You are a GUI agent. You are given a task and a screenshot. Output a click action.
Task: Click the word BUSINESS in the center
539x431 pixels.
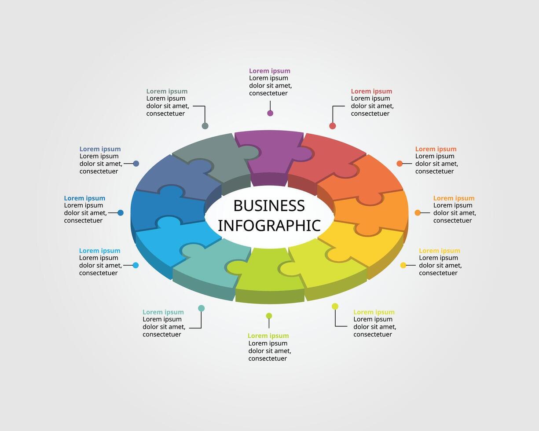pyautogui.click(x=269, y=206)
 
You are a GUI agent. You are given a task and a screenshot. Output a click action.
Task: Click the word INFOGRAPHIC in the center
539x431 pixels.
pyautogui.click(x=269, y=225)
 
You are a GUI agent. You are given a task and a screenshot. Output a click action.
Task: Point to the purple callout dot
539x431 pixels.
pyautogui.click(x=270, y=113)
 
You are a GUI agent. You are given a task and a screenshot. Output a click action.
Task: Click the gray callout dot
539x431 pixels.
pyautogui.click(x=205, y=126)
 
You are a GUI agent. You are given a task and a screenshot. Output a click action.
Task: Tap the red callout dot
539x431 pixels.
pyautogui.click(x=333, y=126)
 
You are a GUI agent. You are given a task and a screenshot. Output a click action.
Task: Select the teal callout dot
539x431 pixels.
pyautogui.click(x=201, y=308)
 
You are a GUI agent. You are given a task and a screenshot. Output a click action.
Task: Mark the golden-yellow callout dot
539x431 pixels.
pyautogui.click(x=403, y=265)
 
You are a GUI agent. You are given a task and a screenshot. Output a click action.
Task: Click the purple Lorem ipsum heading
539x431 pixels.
pyautogui.click(x=269, y=71)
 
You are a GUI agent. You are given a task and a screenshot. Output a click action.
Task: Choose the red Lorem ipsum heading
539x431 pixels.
pyautogui.click(x=371, y=91)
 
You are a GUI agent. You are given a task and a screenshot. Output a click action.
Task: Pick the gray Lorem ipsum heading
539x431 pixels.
pyautogui.click(x=167, y=91)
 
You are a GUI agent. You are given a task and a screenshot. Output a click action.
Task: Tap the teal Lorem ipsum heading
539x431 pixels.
pyautogui.click(x=163, y=312)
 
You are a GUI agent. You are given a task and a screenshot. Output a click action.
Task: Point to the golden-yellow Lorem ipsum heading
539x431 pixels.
pyautogui.click(x=439, y=251)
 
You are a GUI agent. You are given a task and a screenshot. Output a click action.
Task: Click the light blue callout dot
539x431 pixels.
pyautogui.click(x=136, y=265)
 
